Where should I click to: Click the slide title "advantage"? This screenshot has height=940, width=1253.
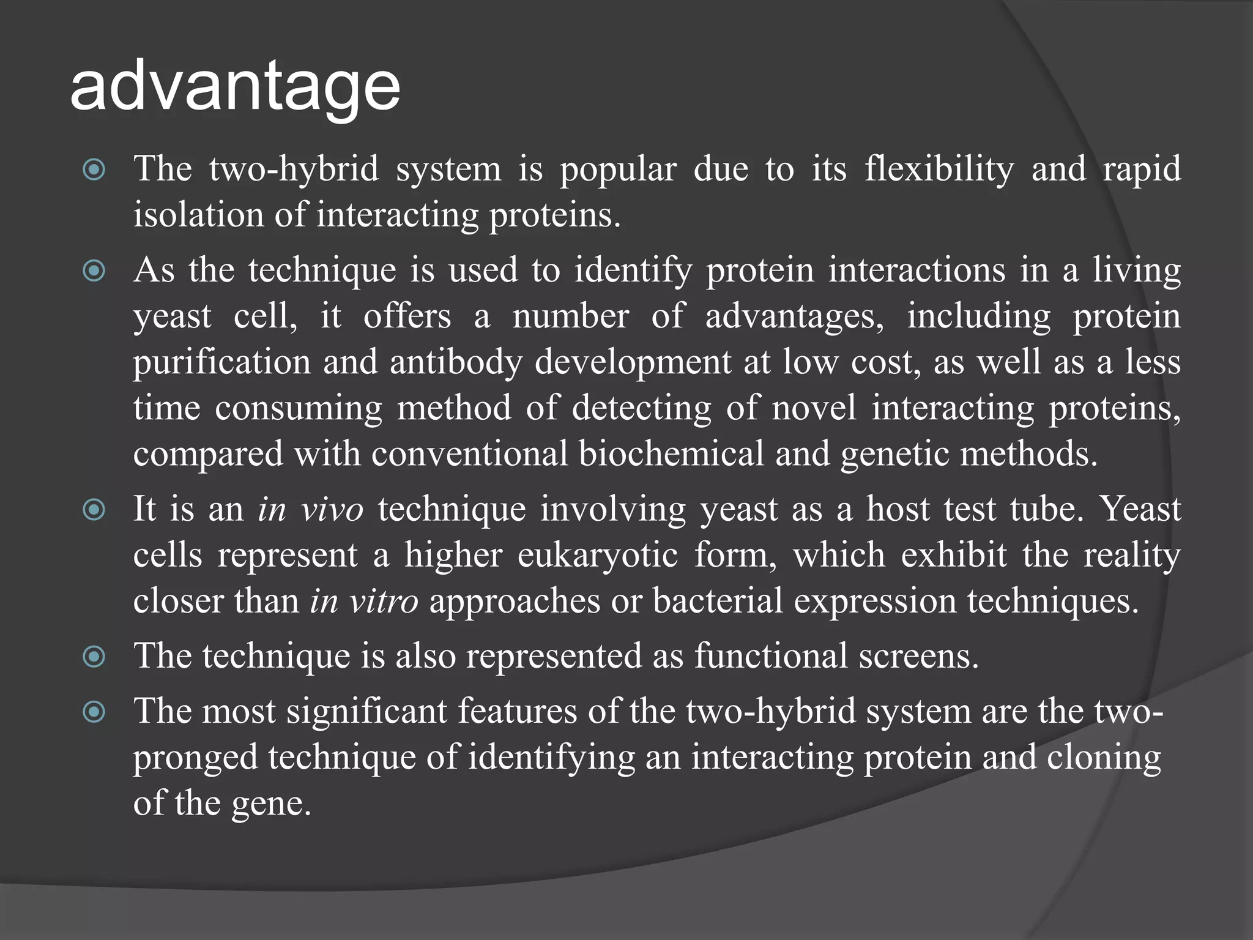click(235, 87)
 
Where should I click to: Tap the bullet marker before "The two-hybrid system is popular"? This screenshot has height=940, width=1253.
click(94, 170)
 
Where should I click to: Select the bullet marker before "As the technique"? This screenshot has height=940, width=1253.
click(94, 270)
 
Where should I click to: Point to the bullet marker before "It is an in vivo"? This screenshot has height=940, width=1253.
click(94, 509)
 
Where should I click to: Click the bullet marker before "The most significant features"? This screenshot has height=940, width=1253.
click(94, 711)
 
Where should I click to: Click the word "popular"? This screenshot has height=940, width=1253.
click(618, 170)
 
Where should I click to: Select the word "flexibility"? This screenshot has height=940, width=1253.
click(939, 170)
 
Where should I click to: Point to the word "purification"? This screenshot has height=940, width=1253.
click(222, 363)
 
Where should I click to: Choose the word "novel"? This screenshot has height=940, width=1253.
click(814, 408)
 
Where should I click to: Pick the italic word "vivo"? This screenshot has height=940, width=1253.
click(333, 509)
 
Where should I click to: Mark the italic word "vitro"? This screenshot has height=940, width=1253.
click(384, 601)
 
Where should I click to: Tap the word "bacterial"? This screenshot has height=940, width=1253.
click(718, 601)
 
